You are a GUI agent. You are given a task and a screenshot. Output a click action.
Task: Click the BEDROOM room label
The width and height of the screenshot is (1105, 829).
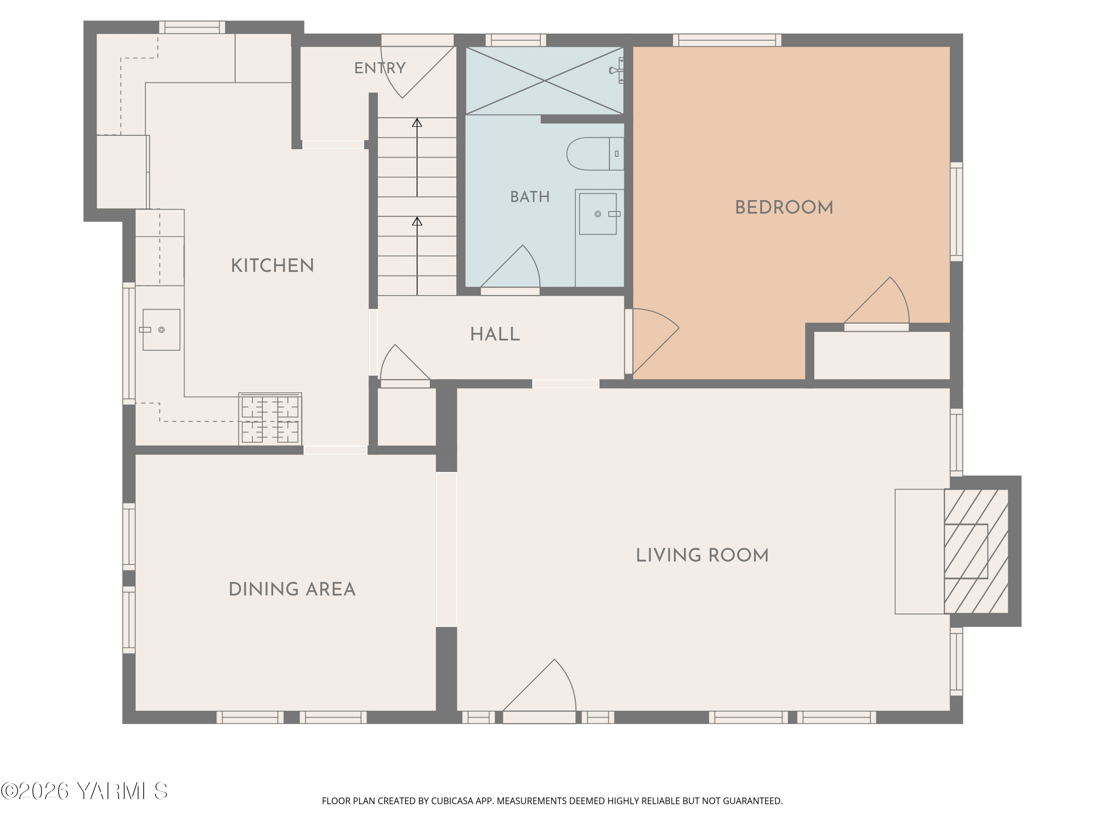(784, 207)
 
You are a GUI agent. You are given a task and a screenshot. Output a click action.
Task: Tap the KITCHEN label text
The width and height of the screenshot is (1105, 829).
(272, 265)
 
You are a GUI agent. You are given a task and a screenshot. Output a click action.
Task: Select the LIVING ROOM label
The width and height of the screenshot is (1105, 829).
(702, 555)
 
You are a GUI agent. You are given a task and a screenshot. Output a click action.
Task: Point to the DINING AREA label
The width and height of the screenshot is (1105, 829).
(292, 589)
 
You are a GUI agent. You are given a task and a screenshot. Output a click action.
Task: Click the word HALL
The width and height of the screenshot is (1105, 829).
(495, 334)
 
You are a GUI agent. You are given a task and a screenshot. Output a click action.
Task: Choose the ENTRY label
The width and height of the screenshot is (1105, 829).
(380, 68)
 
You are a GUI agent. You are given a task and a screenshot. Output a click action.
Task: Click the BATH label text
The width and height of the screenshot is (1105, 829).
(530, 197)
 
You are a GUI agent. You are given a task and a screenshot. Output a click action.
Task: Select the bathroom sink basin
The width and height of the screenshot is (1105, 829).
(597, 214)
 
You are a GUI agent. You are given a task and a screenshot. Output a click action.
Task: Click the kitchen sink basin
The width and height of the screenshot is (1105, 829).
(161, 330)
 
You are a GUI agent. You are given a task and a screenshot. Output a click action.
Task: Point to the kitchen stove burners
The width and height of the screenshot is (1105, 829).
(270, 419)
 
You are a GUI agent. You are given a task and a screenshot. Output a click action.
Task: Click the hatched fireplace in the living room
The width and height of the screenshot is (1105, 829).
(976, 551)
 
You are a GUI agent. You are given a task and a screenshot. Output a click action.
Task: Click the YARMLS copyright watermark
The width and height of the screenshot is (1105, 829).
(84, 791)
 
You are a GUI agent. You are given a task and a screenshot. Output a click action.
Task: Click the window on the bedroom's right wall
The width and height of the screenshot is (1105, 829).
(956, 211)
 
